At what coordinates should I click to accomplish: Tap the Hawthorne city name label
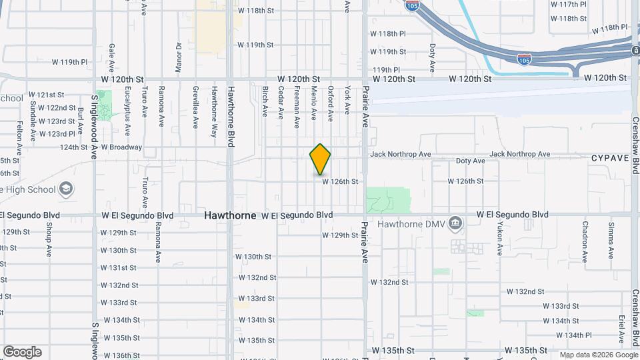tap(230, 215)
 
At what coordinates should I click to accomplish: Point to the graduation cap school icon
tap(66, 189)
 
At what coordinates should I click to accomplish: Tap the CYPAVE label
tap(609, 158)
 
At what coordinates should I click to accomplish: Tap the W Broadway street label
tap(121, 147)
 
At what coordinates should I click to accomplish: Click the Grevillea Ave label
tap(195, 107)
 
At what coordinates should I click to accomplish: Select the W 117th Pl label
tap(568, 4)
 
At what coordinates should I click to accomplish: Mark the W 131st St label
tap(119, 267)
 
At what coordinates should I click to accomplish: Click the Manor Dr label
tap(179, 57)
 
